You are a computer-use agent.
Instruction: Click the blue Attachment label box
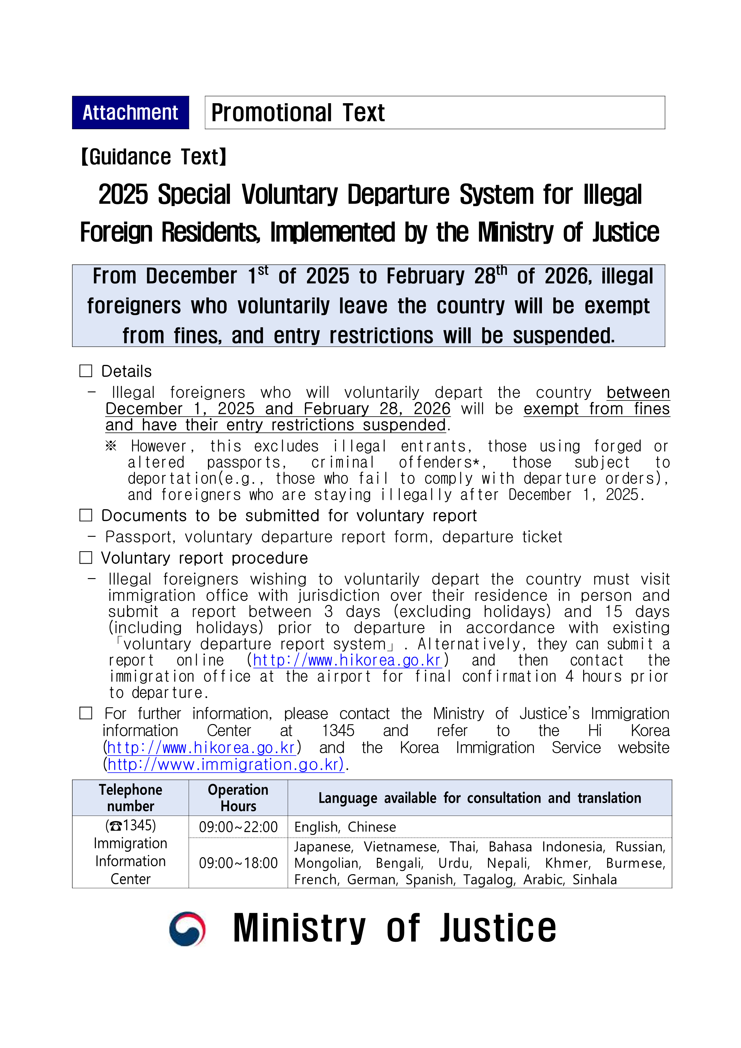click(x=131, y=112)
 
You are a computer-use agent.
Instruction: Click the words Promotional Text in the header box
click(x=298, y=113)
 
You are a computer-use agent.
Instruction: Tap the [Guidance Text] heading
click(x=154, y=157)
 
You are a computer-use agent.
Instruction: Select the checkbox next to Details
click(x=86, y=371)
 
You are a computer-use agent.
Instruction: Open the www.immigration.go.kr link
click(x=225, y=764)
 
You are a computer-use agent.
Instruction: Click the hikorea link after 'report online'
click(x=347, y=660)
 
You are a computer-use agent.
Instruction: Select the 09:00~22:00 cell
click(x=238, y=827)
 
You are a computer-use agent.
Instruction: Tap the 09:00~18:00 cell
click(x=238, y=863)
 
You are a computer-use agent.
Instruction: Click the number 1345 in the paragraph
click(x=338, y=731)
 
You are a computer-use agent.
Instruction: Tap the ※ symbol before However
click(x=111, y=446)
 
